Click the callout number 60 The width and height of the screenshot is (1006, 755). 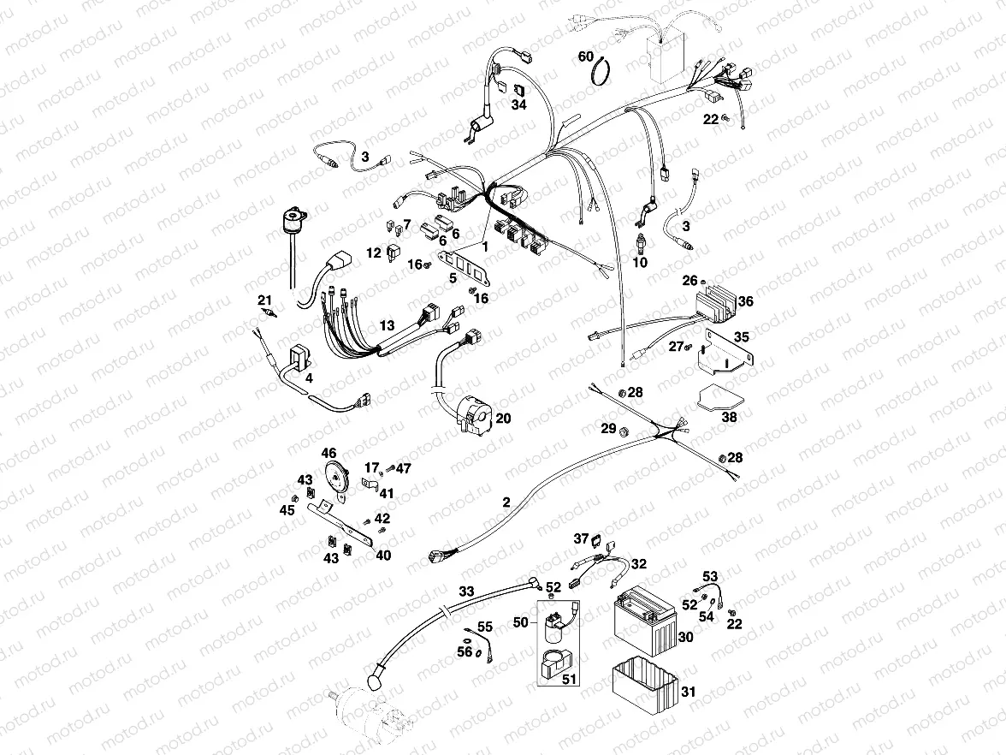[586, 56]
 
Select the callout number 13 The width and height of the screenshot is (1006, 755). [388, 325]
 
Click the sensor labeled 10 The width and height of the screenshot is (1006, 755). [642, 241]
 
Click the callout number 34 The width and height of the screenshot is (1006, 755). [518, 104]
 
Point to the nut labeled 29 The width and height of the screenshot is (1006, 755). [624, 429]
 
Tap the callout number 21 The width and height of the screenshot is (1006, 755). [264, 299]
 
